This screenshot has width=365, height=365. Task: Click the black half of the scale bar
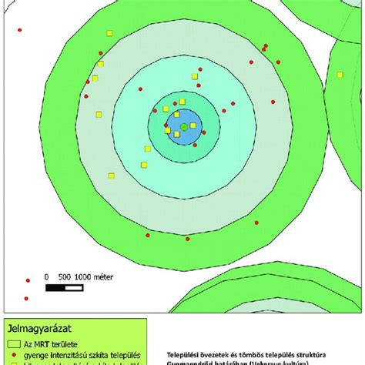55,288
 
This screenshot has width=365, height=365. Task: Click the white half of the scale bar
74,288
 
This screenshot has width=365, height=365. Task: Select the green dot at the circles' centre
184,126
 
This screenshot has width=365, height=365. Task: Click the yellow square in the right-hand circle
340,75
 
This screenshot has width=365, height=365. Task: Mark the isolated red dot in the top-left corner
19,30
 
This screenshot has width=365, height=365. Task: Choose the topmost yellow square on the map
110,34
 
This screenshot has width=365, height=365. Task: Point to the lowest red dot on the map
25,298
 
